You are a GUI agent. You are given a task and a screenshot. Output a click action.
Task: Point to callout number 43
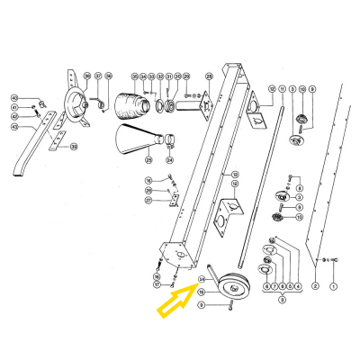click(14, 127)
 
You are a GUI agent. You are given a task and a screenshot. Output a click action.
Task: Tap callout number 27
click(148, 201)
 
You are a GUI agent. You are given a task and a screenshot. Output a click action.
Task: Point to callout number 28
click(209, 78)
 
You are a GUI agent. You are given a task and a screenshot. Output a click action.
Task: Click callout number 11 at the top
click(282, 89)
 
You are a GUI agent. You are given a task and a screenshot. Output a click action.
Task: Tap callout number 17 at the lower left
click(157, 285)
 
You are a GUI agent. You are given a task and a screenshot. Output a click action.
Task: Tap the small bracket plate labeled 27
click(175, 199)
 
